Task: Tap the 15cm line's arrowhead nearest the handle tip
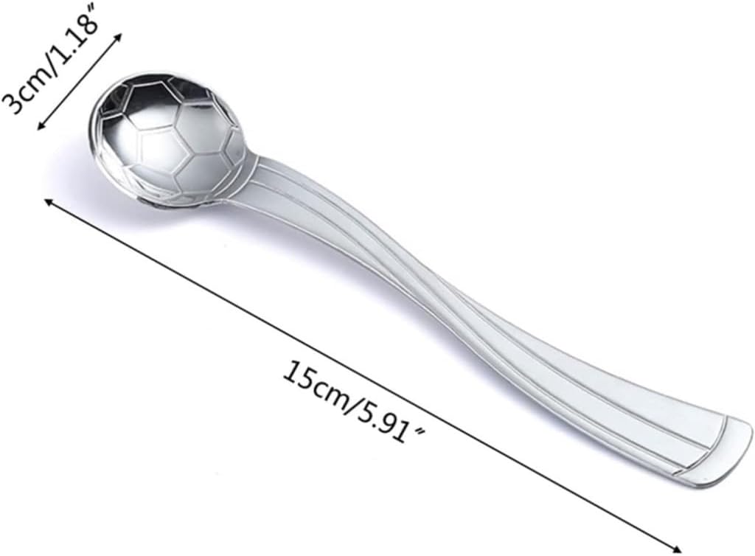click(x=676, y=548)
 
